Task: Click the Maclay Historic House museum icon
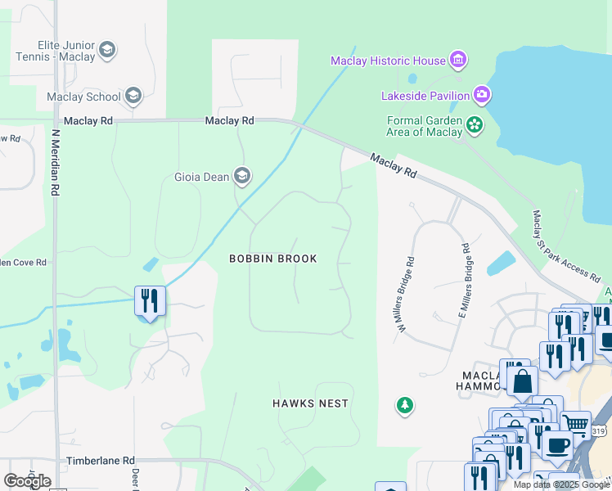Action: click(458, 60)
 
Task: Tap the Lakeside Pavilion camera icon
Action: click(482, 96)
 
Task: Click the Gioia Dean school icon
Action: click(241, 176)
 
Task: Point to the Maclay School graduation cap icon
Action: click(133, 97)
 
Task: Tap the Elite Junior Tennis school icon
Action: click(106, 52)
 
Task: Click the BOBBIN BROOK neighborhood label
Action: click(272, 259)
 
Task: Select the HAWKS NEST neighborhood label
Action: click(310, 403)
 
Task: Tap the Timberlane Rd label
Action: click(101, 462)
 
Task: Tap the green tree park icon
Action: click(404, 404)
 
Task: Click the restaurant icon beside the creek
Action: click(150, 300)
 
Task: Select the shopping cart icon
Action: click(576, 424)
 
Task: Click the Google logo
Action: click(27, 481)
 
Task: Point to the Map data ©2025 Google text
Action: click(560, 484)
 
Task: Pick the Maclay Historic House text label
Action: click(388, 61)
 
